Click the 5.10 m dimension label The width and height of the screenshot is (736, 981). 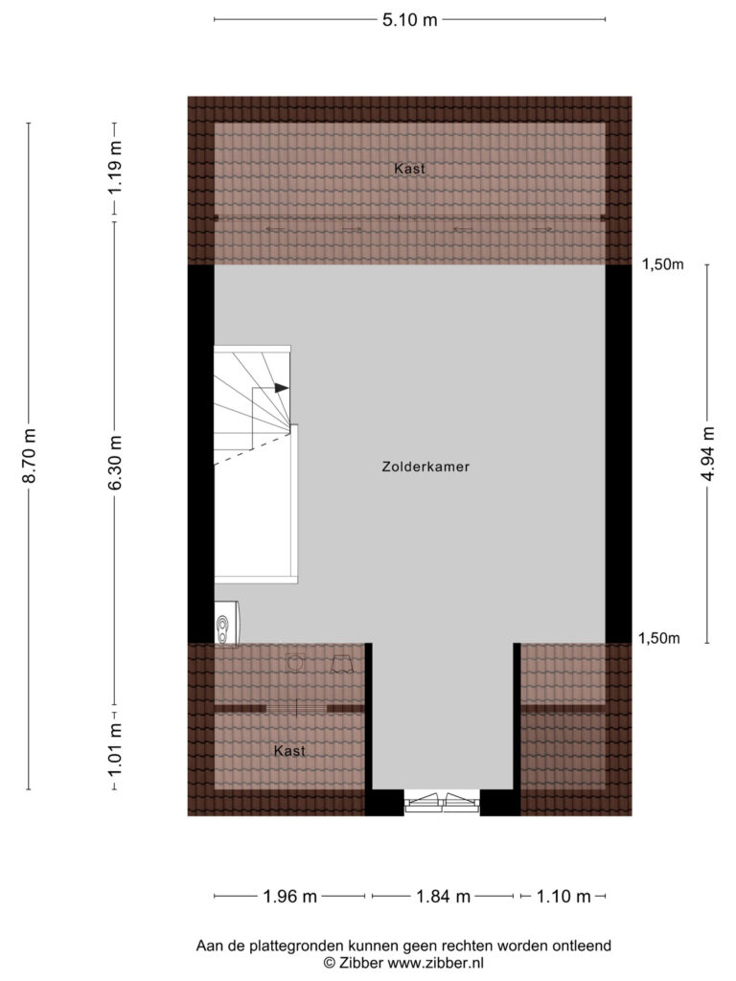409,20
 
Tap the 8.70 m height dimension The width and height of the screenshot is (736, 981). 30,455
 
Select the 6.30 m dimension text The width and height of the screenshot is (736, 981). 115,464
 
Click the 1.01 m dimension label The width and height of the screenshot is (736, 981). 115,748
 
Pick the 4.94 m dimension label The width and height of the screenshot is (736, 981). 707,453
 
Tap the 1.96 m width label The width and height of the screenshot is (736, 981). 289,897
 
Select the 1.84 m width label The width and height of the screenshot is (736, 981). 443,897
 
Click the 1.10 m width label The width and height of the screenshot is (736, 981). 563,897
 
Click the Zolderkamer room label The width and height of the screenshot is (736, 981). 425,467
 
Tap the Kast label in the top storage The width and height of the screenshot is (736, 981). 409,169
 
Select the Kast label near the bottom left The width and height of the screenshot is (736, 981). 289,750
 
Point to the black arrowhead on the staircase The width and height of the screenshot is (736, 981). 282,388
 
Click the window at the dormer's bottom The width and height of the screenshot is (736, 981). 442,802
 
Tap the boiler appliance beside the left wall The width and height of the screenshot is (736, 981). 226,623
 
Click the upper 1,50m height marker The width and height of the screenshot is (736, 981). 663,264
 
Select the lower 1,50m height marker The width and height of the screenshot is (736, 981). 659,639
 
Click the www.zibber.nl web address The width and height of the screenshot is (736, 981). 436,963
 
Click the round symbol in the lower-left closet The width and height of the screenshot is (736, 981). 295,663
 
